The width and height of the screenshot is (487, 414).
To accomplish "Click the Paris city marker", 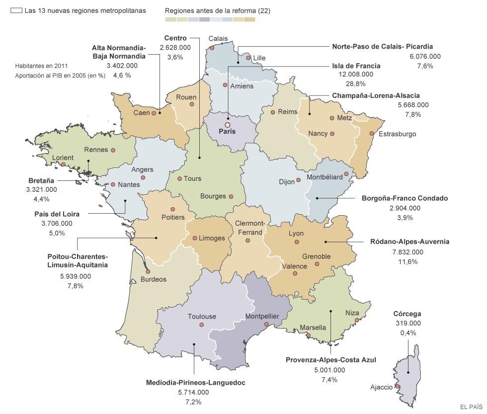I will (228, 125).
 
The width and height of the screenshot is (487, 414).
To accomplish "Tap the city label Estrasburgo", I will (397, 134).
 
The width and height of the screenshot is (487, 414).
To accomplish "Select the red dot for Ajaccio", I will (398, 386).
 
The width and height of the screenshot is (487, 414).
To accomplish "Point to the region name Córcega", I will (407, 314).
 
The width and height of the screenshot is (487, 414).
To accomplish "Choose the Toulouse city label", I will (202, 316).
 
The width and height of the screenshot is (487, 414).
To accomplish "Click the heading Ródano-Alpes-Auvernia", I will (409, 242).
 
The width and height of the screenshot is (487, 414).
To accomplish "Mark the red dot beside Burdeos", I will (148, 271).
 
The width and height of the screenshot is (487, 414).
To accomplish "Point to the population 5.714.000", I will (193, 392).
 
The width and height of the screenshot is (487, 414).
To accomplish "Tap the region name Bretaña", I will (41, 180).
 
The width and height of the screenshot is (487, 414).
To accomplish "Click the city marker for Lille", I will (248, 58).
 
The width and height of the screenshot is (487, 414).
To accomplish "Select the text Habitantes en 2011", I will (41, 66).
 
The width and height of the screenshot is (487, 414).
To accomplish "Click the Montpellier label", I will (262, 316).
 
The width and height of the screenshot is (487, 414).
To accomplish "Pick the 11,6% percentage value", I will (407, 261).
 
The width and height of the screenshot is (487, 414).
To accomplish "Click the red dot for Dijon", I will (299, 180).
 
